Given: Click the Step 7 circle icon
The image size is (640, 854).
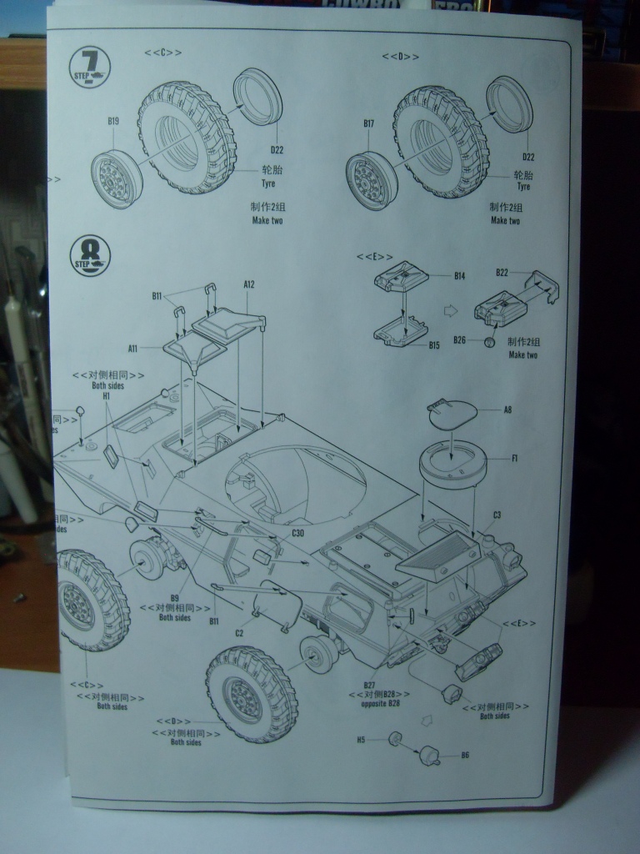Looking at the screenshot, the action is [90, 67].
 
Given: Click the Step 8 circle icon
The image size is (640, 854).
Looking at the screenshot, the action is [90, 256].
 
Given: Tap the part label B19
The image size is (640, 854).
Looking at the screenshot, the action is [113, 121].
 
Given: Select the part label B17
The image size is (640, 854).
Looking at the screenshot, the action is [368, 123].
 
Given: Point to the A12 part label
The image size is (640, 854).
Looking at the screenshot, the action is [249, 284].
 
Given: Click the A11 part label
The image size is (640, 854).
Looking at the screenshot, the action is [133, 348].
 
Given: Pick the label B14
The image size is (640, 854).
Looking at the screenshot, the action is [459, 276].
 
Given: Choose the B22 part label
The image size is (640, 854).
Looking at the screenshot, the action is [502, 273].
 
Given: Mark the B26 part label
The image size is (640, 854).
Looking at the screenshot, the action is [459, 340].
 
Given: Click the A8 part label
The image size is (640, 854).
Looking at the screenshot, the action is [507, 409].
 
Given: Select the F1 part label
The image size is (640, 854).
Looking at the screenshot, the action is [514, 458].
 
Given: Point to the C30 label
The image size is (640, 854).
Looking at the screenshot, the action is [297, 533].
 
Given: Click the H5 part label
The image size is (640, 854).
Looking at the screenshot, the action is [362, 739].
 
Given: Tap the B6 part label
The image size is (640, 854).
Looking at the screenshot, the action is [464, 756].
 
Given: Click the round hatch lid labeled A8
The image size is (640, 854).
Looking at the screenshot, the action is [452, 412].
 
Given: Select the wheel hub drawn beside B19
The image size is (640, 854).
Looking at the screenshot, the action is [116, 178].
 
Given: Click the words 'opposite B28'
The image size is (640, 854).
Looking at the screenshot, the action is [381, 704].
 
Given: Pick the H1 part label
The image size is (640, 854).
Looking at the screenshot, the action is [106, 398].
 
